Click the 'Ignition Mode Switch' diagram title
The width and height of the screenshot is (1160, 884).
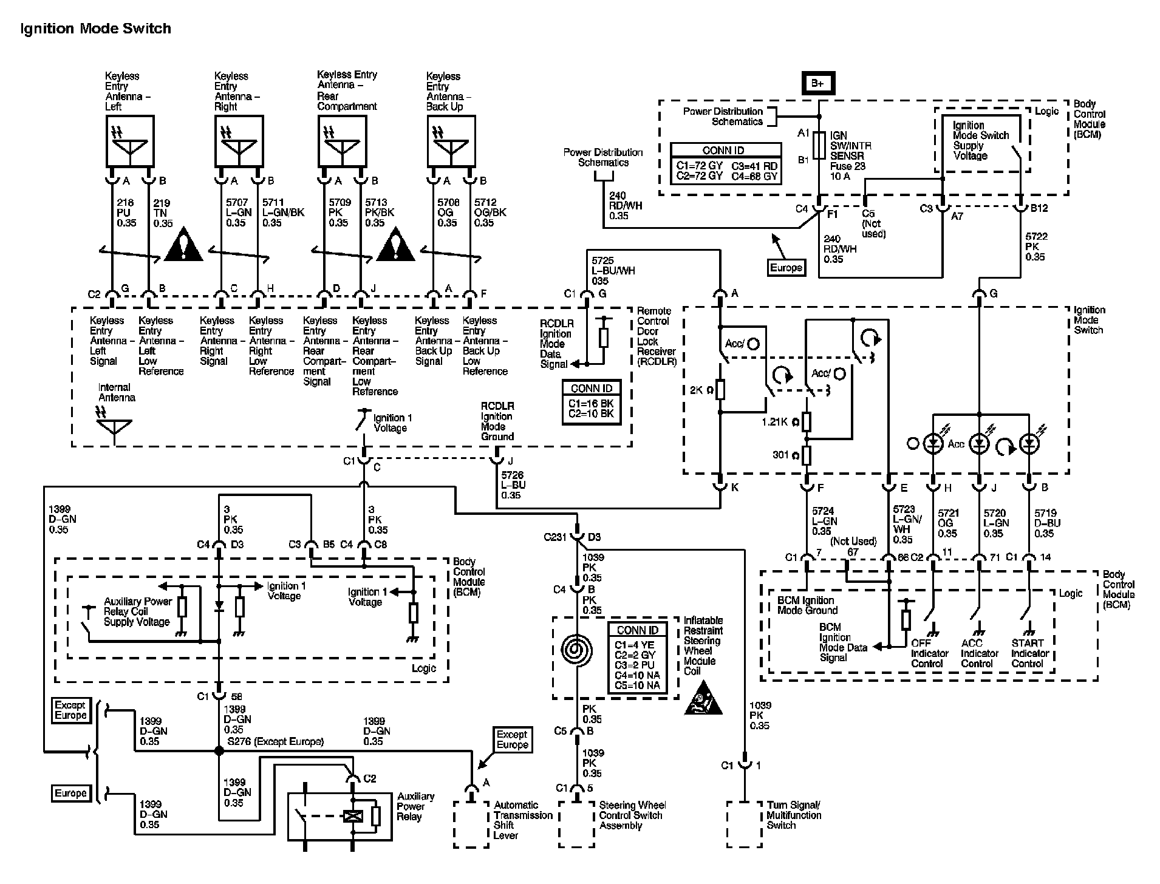click(x=95, y=29)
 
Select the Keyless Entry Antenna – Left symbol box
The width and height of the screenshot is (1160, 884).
click(x=130, y=141)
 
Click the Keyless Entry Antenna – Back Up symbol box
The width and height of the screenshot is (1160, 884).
click(x=451, y=141)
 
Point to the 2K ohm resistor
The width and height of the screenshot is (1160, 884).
click(x=720, y=390)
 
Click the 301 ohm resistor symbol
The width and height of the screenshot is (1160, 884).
click(x=807, y=455)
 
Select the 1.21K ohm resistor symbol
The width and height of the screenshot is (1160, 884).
click(x=807, y=421)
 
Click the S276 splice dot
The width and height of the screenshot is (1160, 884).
click(x=219, y=751)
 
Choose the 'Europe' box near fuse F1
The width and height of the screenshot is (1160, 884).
click(x=786, y=268)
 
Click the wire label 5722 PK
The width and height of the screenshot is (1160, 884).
click(x=1035, y=246)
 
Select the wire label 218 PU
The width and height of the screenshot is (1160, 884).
click(x=126, y=212)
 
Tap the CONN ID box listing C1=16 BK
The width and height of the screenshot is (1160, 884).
click(x=592, y=403)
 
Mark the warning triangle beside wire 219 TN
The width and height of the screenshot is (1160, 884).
click(x=184, y=245)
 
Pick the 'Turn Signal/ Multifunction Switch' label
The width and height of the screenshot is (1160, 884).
click(x=794, y=815)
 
